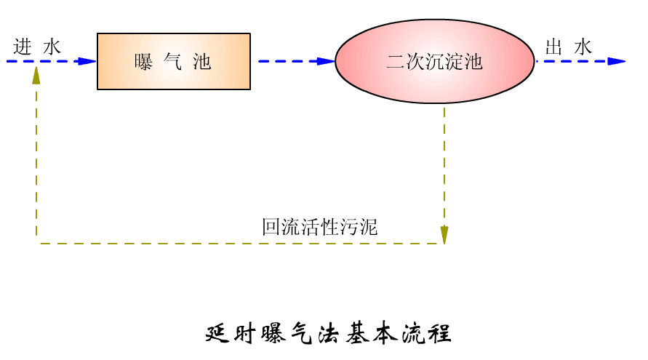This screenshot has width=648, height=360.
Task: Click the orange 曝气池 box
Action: coord(173,61)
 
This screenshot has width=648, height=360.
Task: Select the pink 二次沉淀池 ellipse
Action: coord(435,61)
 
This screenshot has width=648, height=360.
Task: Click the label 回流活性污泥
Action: coord(320,227)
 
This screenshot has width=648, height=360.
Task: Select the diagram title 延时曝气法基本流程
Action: coord(329,333)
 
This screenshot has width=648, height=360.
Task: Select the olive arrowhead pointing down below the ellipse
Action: coord(444,234)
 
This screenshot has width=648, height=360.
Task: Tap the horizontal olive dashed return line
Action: coord(218,243)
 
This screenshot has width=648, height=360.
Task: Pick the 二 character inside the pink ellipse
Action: coord(395,62)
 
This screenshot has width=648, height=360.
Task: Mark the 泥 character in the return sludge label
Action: coord(369,227)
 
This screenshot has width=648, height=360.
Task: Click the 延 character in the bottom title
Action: coord(217,333)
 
